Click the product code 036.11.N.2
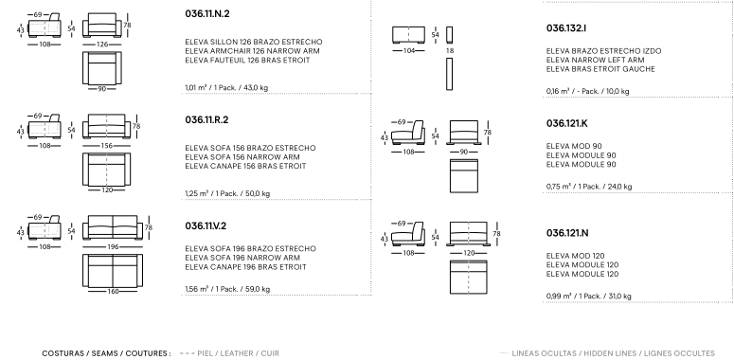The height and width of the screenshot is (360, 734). pyautogui.click(x=207, y=13)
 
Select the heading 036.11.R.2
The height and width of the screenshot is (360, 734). pyautogui.click(x=206, y=120)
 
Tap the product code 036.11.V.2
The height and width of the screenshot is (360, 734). pyautogui.click(x=206, y=226)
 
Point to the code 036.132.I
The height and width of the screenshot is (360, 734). pyautogui.click(x=566, y=28)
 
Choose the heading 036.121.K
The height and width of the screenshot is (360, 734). pyautogui.click(x=567, y=123)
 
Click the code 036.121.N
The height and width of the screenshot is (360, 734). pyautogui.click(x=567, y=233)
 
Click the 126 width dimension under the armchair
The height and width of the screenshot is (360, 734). pyautogui.click(x=102, y=45)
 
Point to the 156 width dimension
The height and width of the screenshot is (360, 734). pyautogui.click(x=107, y=146)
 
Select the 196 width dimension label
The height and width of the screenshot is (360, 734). pyautogui.click(x=113, y=246)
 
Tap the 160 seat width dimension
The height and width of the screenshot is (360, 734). pyautogui.click(x=113, y=292)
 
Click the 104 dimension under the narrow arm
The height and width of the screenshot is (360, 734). pyautogui.click(x=408, y=50)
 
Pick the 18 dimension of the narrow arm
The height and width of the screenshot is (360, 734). pyautogui.click(x=449, y=50)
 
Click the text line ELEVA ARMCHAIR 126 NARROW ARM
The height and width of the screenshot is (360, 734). pyautogui.click(x=252, y=51)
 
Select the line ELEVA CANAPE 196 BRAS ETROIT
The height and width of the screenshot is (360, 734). pyautogui.click(x=245, y=267)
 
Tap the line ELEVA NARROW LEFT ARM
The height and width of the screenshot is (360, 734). pyautogui.click(x=595, y=60)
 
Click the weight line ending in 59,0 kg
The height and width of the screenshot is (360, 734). pyautogui.click(x=227, y=289)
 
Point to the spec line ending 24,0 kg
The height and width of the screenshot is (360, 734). pyautogui.click(x=589, y=187)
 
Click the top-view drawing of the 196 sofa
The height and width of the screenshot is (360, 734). pyautogui.click(x=113, y=271)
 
